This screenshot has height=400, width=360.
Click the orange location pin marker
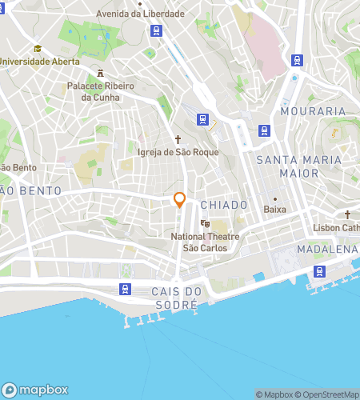pos(180,201)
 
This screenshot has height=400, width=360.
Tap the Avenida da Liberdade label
pos(139,14)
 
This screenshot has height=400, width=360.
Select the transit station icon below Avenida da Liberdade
pos(157,31)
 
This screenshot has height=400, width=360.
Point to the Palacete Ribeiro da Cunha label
pos(101,91)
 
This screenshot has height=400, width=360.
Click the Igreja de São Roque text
pos(178,151)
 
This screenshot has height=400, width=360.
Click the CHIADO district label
pos(224,205)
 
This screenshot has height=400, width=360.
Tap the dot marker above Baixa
pos(274,198)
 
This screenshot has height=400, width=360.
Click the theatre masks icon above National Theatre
pos(206,224)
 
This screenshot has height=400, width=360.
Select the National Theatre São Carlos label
pos(206,242)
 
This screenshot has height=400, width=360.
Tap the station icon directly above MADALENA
pos(320,271)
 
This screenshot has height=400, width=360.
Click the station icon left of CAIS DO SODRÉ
pos(125,290)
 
